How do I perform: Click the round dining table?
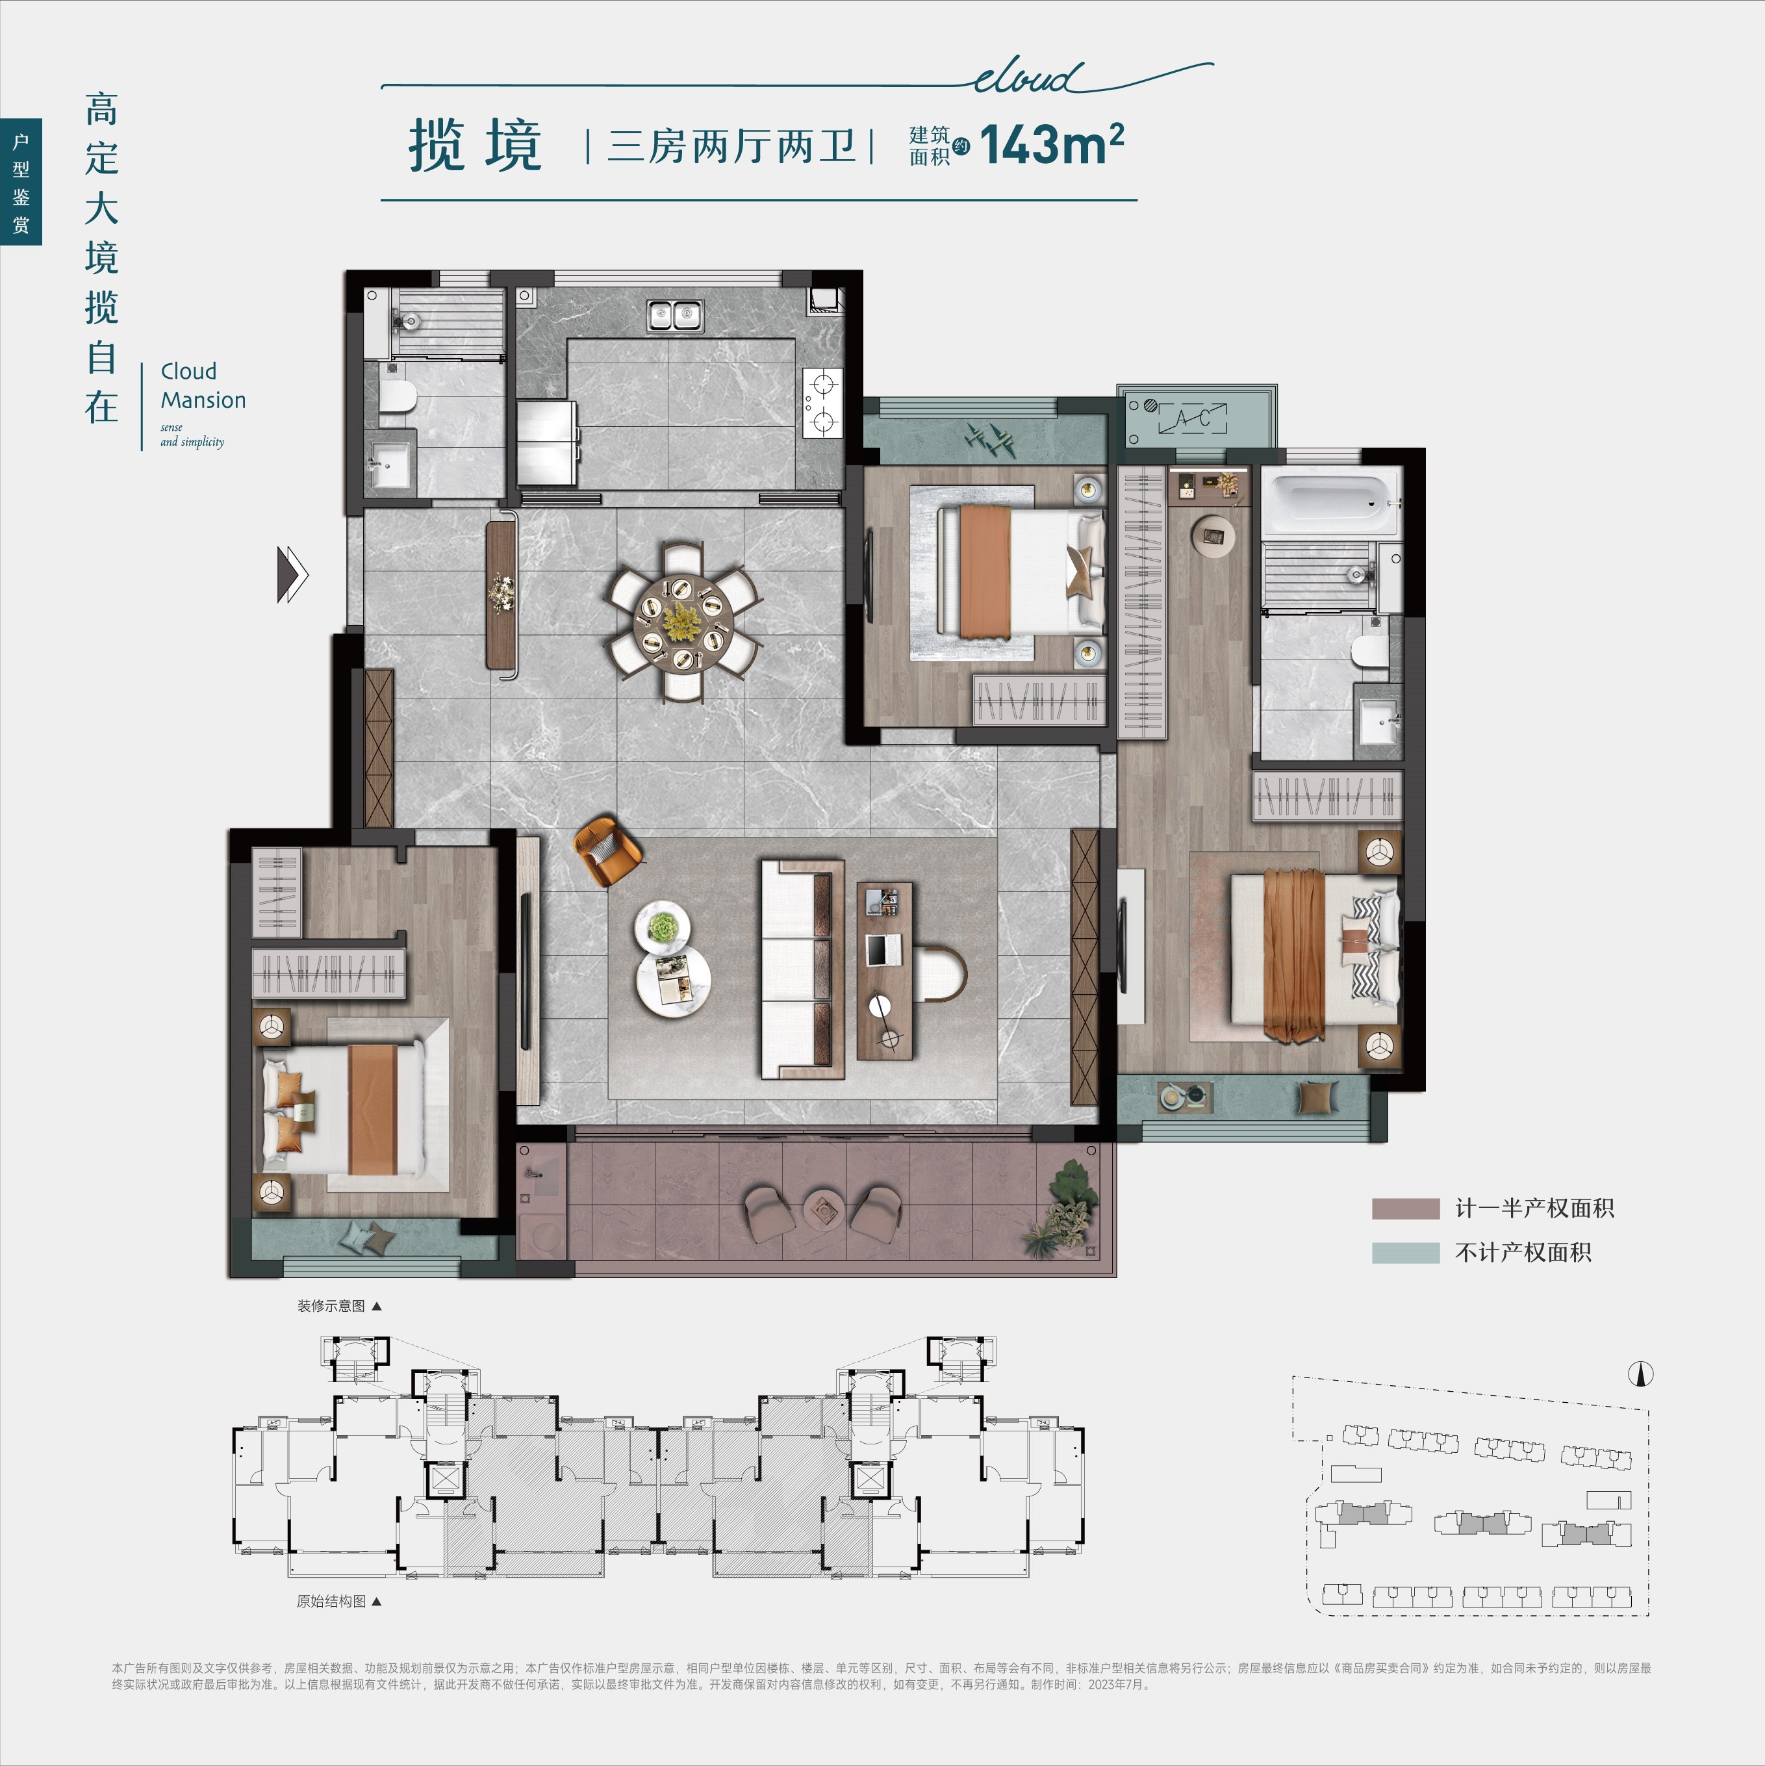[683, 622]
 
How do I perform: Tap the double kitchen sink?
[674, 315]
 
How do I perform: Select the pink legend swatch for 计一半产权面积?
[1405, 1209]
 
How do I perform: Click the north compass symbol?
[1641, 1373]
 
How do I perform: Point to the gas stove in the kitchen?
[822, 403]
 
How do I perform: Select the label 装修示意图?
[330, 1305]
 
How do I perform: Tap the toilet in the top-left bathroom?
[398, 395]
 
